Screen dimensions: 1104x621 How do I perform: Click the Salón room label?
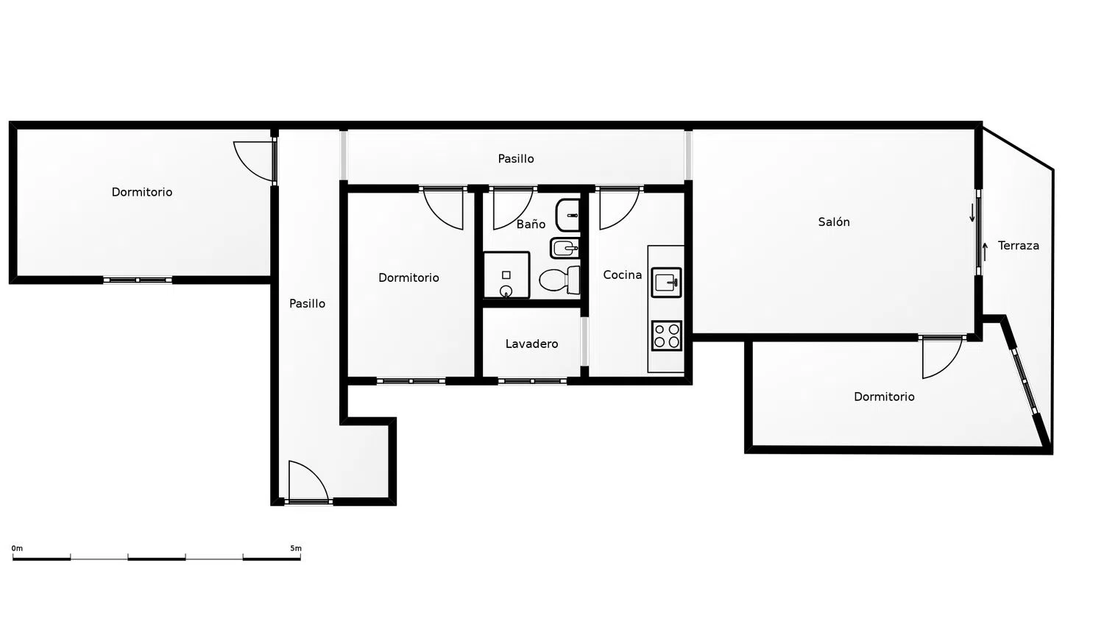click(834, 222)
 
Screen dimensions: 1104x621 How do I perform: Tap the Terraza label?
click(1018, 246)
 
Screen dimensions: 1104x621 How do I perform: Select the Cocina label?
click(623, 275)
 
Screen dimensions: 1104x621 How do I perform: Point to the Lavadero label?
click(532, 344)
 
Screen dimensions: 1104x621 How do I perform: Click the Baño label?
click(531, 224)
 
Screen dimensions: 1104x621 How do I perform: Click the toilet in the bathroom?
click(560, 280)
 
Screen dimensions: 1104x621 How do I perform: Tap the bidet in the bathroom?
click(565, 248)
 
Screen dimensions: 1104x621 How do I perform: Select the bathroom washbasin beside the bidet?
click(567, 216)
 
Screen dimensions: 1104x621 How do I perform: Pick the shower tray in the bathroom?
click(506, 275)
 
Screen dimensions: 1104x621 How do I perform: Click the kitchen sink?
click(666, 283)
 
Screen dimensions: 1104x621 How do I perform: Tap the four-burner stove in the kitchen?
click(666, 336)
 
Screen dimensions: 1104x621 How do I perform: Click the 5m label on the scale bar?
click(296, 548)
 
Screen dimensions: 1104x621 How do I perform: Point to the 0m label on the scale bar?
click(17, 548)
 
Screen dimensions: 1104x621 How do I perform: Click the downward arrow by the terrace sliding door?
click(972, 213)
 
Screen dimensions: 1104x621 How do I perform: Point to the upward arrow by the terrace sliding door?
click(986, 252)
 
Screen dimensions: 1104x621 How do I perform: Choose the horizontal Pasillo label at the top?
click(516, 159)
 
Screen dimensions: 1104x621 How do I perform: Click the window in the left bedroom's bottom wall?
click(138, 280)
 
